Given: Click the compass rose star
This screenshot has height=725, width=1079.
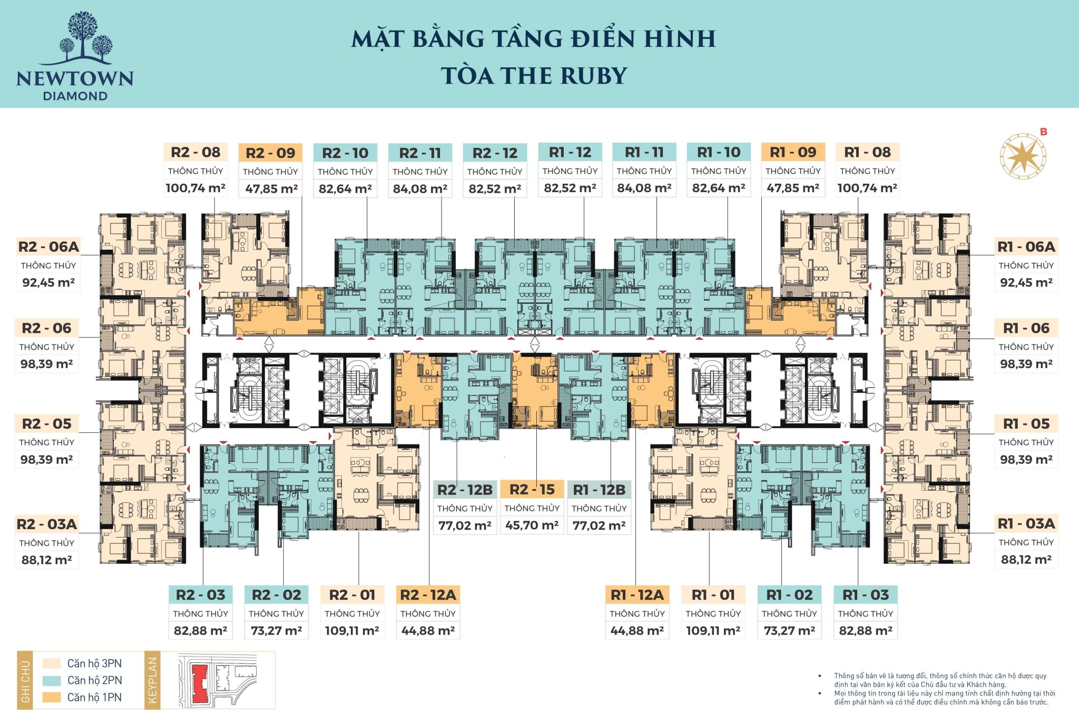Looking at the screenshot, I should pos(1023,156).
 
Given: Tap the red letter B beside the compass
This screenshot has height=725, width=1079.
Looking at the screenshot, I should pos(1044,132).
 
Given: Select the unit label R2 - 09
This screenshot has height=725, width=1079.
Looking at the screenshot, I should pos(270,153).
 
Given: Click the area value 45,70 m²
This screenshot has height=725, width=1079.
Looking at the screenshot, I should pos(532,525).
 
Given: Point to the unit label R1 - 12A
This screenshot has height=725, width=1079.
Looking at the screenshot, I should pos(637,595).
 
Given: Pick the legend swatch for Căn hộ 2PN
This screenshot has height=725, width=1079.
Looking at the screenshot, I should pos(52,680).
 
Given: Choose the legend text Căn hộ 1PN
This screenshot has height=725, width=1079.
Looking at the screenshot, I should pos(94,697).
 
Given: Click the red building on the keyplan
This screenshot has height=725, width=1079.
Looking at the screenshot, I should pos(200,683).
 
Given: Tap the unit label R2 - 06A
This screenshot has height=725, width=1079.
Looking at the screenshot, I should pos(48,246).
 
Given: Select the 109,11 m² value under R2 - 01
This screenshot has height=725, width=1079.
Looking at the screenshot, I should pos(352,630).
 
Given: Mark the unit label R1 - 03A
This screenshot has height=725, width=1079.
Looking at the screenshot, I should pos(1026,523).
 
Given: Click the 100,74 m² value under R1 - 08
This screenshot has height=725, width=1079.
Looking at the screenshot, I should pos(867,188).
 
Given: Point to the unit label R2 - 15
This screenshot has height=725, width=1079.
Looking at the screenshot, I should pos(532,490).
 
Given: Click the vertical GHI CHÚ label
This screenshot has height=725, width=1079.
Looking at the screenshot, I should pos(25,681).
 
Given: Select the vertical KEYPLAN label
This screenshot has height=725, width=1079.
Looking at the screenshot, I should pos(153,680).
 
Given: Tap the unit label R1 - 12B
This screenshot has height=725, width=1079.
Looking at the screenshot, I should pos(599,490).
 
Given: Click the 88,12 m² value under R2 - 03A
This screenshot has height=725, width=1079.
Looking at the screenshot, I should pos(46,560).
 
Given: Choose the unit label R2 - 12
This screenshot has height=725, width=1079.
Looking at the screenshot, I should pos(494,153).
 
